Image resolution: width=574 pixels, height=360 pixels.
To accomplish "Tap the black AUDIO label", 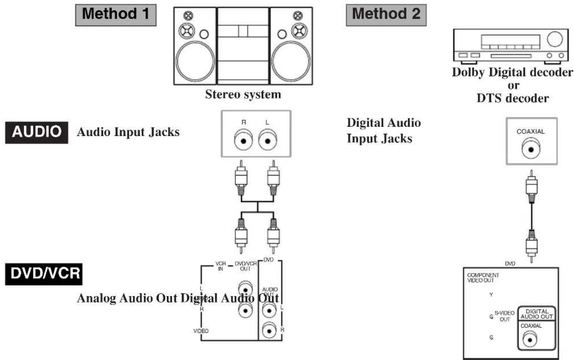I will point(37,132).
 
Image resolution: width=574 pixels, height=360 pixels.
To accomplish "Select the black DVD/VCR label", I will point(43,274).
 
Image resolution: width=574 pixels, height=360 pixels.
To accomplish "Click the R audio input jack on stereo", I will point(244,141).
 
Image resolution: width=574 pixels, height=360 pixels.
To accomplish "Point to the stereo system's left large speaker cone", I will point(196,61).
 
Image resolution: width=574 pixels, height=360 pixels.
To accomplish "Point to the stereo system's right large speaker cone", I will point(291,61).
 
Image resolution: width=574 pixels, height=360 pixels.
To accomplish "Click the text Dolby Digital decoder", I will point(512,72).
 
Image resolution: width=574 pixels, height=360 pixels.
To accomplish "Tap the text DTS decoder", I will point(512,98).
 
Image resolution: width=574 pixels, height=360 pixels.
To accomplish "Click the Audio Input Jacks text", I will point(128,132).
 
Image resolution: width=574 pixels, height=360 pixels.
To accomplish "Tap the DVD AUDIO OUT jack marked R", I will point(270,330).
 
